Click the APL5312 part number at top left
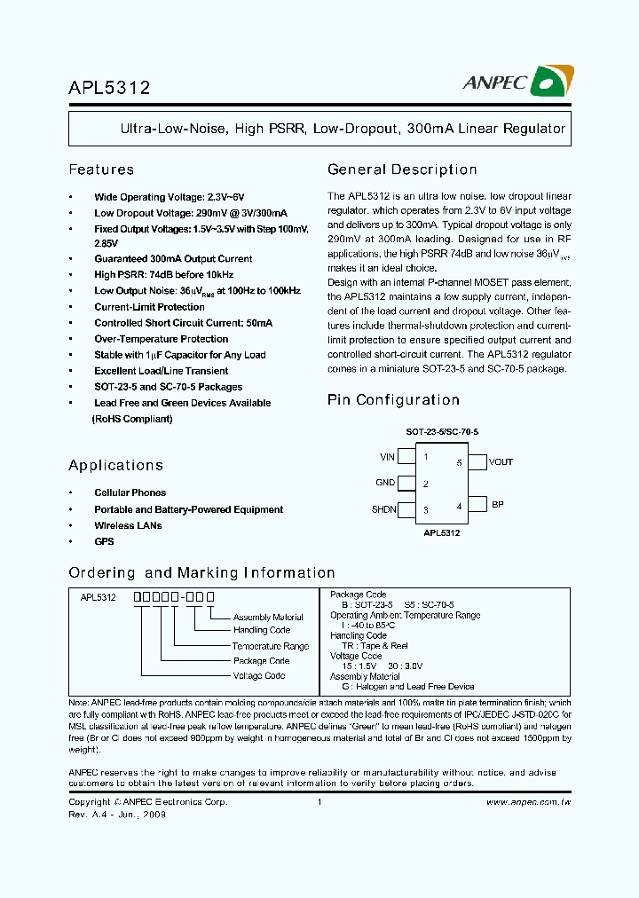click(x=109, y=88)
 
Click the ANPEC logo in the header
click(x=515, y=83)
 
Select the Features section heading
click(x=101, y=169)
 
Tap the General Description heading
click(x=402, y=169)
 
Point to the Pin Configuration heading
click(x=393, y=400)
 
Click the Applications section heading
click(x=115, y=465)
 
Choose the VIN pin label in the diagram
click(x=387, y=457)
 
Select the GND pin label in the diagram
click(x=385, y=483)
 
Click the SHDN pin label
click(x=383, y=509)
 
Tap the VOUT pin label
click(x=501, y=461)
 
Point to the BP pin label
click(x=497, y=504)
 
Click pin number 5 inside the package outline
click(x=459, y=462)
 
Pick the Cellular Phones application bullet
click(x=130, y=492)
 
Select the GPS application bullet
click(x=104, y=541)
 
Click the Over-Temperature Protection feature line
click(x=161, y=339)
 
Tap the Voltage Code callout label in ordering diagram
click(x=259, y=675)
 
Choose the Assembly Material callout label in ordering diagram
click(x=268, y=618)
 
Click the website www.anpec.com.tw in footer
click(x=528, y=802)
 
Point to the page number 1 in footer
click(x=319, y=802)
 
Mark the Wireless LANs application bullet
click(x=128, y=525)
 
